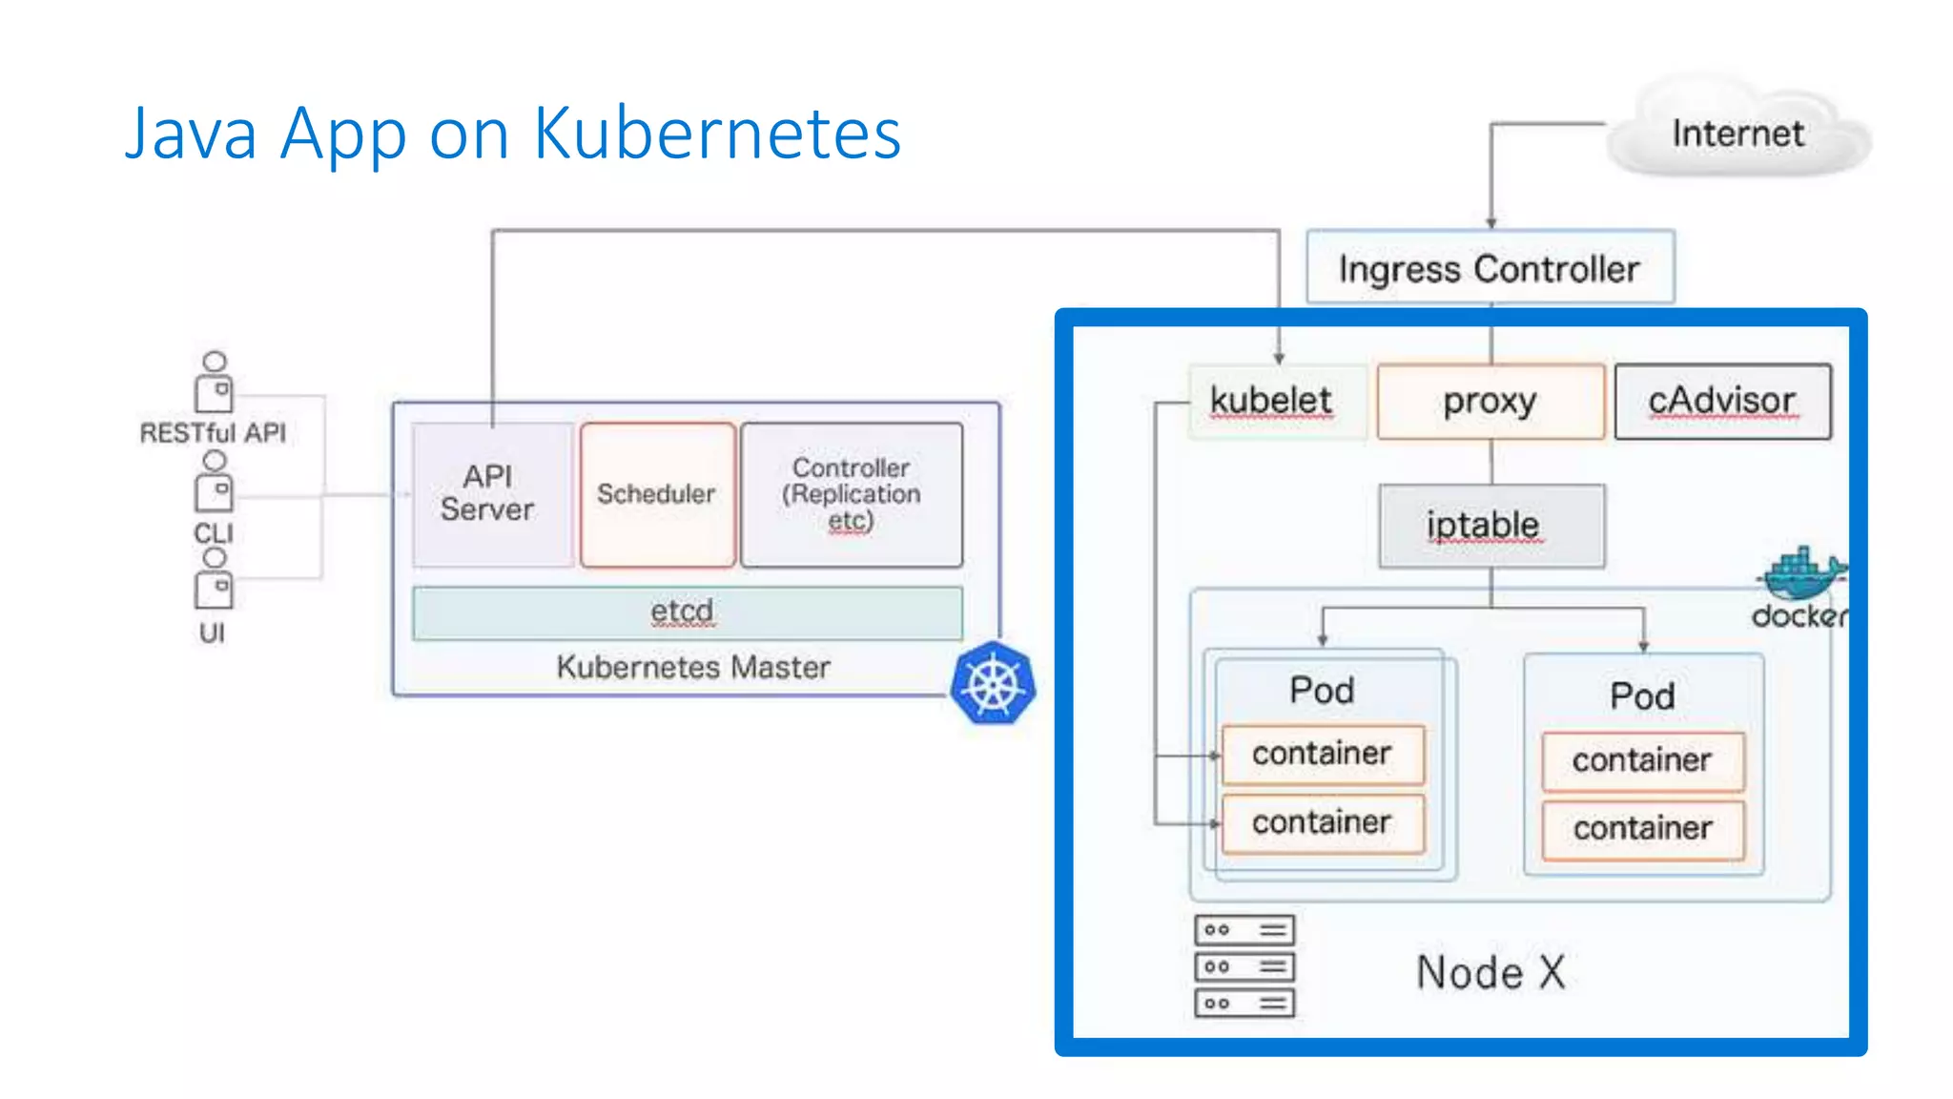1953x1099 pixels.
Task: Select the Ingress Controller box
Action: coord(1490,268)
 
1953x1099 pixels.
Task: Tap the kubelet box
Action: coord(1271,401)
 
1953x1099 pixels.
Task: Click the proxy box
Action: coord(1490,401)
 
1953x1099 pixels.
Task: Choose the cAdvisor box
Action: coord(1722,401)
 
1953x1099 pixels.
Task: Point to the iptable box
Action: coord(1491,526)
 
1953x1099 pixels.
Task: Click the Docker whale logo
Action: coord(1800,572)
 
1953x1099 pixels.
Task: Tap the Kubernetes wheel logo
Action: coord(993,684)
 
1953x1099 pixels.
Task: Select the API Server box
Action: coord(489,494)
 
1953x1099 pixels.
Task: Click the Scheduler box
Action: coord(657,494)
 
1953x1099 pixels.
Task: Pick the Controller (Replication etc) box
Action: coord(852,494)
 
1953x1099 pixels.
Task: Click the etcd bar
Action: coord(687,612)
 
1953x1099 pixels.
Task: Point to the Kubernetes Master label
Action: coord(693,667)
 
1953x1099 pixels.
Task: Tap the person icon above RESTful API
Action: coord(215,382)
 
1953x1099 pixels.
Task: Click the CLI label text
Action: coord(214,532)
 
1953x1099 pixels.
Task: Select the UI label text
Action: coord(212,632)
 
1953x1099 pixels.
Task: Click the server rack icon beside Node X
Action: coord(1244,965)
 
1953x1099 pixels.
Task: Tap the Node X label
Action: coord(1490,973)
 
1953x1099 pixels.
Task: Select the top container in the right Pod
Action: coord(1642,760)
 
